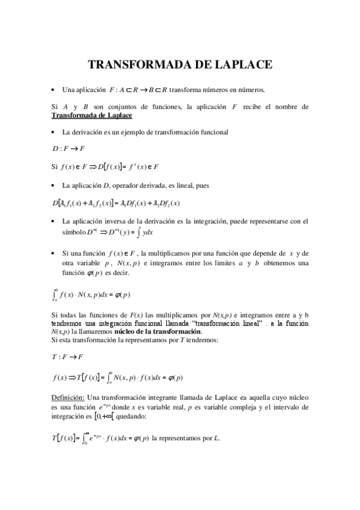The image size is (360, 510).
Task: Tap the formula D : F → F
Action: coord(69,148)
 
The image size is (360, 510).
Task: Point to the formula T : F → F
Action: coord(68,357)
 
